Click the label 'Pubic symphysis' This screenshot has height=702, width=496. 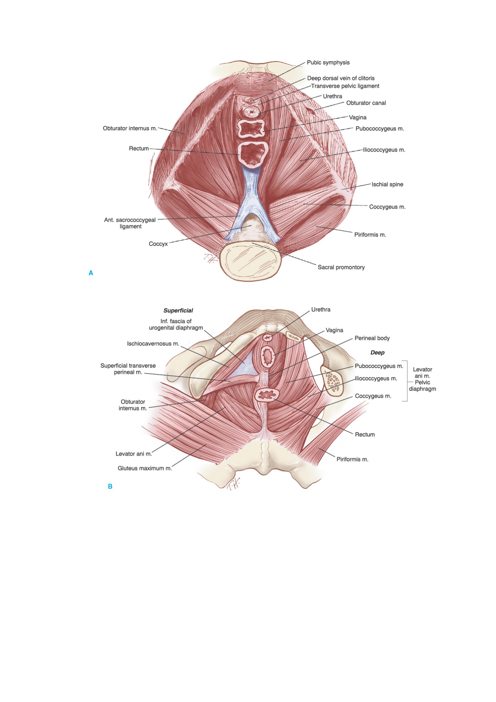point(328,63)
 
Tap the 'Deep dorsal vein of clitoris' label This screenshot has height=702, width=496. point(341,78)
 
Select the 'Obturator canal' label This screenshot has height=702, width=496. point(366,103)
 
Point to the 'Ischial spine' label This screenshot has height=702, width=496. point(387,185)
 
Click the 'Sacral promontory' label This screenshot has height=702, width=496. point(341,267)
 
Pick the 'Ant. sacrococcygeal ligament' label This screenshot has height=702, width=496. point(130,223)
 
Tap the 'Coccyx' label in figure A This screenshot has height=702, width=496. point(158,244)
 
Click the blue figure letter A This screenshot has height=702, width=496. point(91,273)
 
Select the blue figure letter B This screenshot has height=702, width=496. point(110,487)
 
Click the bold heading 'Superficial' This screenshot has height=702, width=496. point(178,311)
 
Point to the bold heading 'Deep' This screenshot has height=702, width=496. point(377,353)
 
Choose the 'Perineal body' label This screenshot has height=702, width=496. point(372,338)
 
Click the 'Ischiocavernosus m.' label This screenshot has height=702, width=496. point(153,344)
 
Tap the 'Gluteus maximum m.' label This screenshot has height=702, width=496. point(145,468)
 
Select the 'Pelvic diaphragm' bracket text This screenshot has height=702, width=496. point(422,386)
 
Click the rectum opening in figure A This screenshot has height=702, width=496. point(253,155)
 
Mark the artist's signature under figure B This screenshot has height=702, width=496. point(233,484)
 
